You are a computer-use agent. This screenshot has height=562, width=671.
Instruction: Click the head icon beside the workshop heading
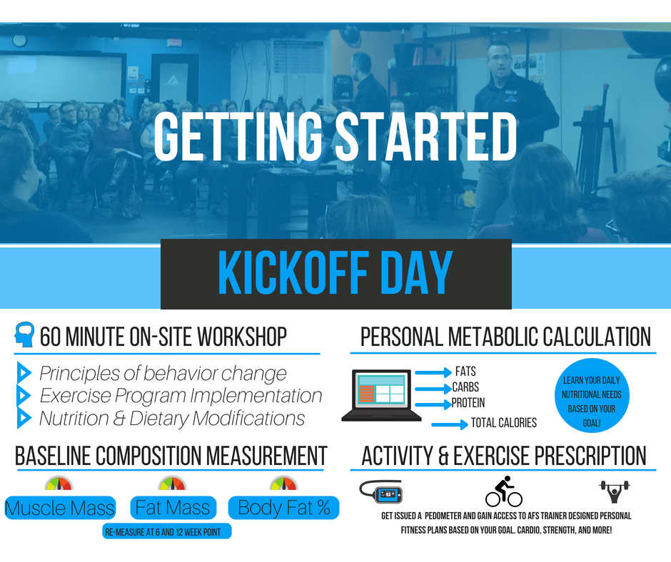pyautogui.click(x=24, y=334)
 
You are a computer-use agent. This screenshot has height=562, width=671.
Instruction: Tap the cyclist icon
pyautogui.click(x=504, y=491)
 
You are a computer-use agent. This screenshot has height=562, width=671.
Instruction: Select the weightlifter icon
pyautogui.click(x=615, y=491)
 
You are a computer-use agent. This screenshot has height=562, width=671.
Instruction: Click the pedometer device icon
pyautogui.click(x=381, y=491)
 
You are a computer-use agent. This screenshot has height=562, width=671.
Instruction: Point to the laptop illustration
pyautogui.click(x=381, y=395)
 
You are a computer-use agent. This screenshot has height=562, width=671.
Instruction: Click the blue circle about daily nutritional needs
pyautogui.click(x=591, y=395)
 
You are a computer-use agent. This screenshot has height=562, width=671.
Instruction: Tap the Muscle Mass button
pyautogui.click(x=60, y=508)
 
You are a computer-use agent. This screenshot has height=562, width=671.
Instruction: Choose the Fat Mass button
pyautogui.click(x=173, y=508)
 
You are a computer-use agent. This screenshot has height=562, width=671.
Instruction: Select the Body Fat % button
pyautogui.click(x=283, y=508)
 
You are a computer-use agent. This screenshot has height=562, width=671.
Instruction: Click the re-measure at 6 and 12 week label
pyautogui.click(x=167, y=531)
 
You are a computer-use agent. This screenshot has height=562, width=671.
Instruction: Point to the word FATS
pyautogui.click(x=465, y=372)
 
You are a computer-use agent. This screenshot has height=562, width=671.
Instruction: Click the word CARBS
pyautogui.click(x=465, y=387)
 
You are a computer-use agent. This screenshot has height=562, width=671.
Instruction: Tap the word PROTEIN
pyautogui.click(x=468, y=403)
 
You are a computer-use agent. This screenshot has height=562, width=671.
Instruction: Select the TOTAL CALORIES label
pyautogui.click(x=504, y=423)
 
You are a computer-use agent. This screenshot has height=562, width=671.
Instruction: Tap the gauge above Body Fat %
pyautogui.click(x=283, y=484)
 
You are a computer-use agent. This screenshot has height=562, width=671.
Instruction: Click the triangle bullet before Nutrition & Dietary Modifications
pyautogui.click(x=24, y=418)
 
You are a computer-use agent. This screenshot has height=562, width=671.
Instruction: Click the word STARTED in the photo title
pyautogui.click(x=426, y=136)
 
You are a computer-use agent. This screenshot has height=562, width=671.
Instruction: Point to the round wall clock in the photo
pyautogui.click(x=19, y=41)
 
